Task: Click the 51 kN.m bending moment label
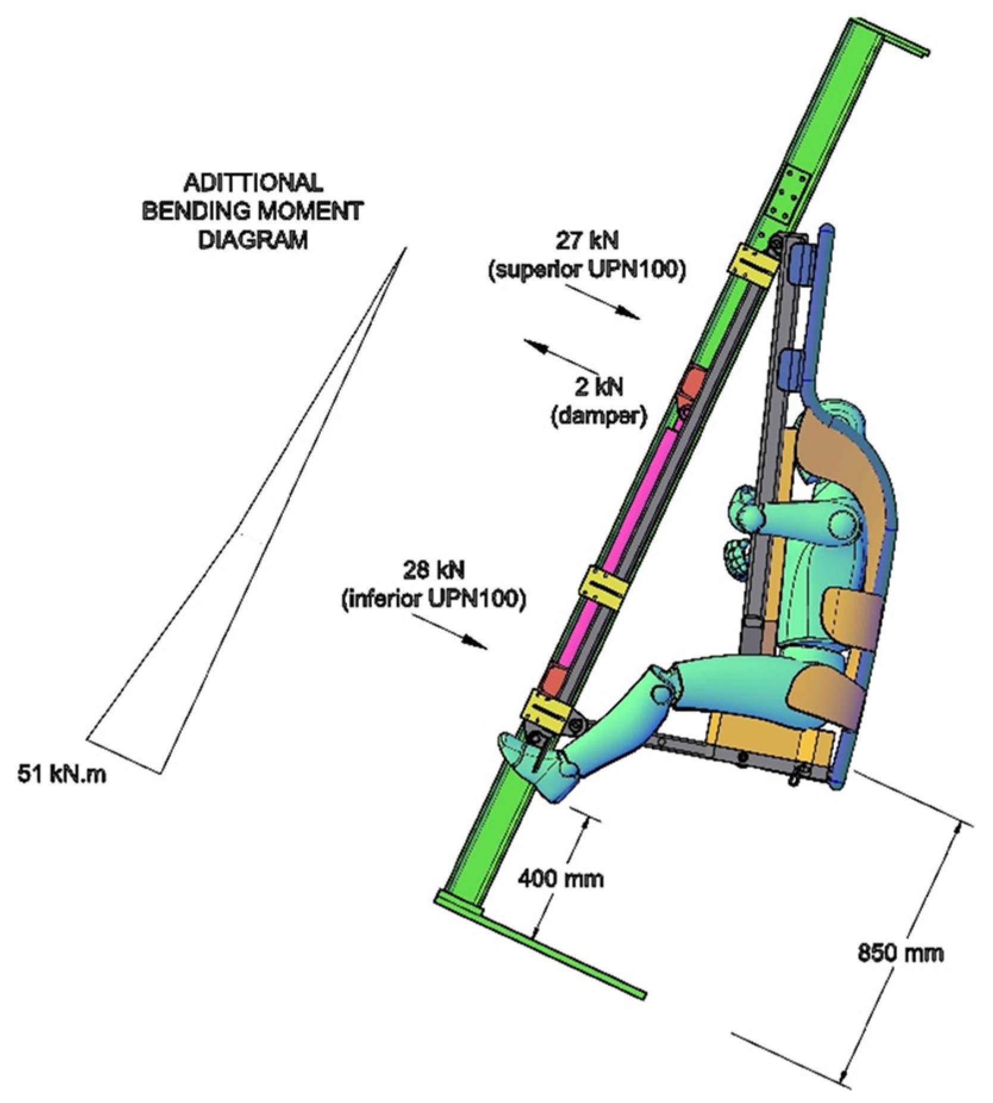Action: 61,774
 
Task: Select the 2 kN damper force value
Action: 598,387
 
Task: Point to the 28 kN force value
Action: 433,570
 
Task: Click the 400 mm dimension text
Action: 560,878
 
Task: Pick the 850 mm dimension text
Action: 900,953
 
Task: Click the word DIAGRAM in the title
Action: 252,239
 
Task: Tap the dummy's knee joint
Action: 661,692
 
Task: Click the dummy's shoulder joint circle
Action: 841,522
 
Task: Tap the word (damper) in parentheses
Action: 598,416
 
